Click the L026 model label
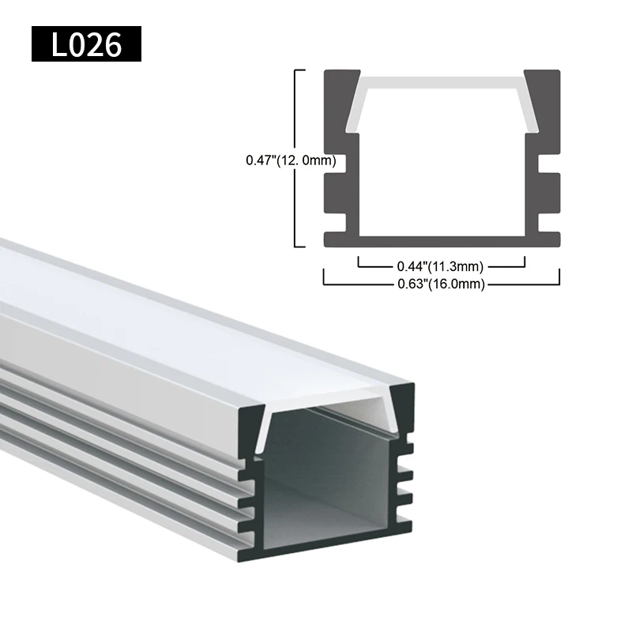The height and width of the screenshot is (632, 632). (86, 44)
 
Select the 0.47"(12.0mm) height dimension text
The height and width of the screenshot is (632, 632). (292, 160)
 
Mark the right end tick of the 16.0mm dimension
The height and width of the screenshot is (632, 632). (559, 276)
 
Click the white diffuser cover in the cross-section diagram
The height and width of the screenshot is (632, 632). (442, 83)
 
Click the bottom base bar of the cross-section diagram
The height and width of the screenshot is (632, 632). (442, 239)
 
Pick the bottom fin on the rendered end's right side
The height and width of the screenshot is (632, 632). (404, 521)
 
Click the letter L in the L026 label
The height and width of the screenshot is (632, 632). (61, 45)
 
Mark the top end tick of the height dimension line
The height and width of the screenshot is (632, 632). (299, 70)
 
